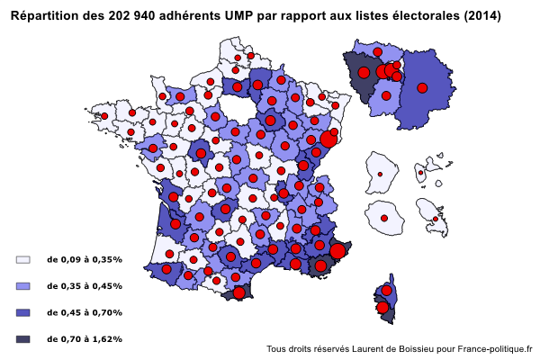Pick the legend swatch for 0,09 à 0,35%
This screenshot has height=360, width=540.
point(23,259)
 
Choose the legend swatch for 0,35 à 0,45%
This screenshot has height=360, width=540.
point(23,286)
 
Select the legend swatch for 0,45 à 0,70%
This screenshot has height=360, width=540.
point(23,312)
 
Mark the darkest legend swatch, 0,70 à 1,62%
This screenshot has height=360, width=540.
point(23,339)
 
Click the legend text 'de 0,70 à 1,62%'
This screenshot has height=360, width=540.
point(85,339)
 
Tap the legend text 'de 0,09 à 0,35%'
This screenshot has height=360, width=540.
point(85,259)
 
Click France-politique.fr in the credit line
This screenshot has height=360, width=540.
point(494,348)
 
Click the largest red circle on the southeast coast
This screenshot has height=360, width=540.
point(337,251)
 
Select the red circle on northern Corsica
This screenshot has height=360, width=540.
point(387,292)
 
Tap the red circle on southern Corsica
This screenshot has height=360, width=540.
point(382,308)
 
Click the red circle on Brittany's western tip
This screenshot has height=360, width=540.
point(104,116)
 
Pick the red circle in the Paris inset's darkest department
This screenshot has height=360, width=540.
point(364,73)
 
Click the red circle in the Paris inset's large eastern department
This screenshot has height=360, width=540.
point(422,87)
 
